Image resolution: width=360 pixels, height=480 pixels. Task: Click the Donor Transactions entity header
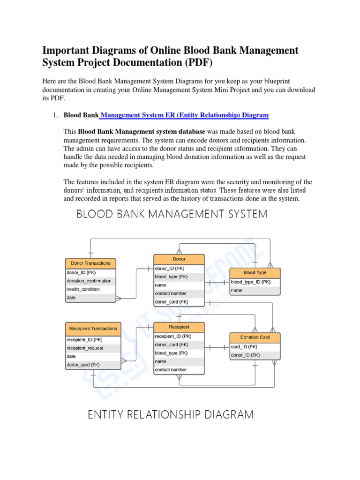click(x=90, y=263)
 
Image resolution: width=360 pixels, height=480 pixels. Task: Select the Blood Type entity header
click(x=255, y=272)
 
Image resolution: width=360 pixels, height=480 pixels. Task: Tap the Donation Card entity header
click(x=255, y=337)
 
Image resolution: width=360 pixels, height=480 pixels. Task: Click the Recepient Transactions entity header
click(x=93, y=329)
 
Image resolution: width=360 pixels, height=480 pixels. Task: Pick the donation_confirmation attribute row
click(x=89, y=281)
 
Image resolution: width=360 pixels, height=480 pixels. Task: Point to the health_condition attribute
click(x=83, y=289)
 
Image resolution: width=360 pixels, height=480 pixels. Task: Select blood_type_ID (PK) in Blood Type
click(x=251, y=282)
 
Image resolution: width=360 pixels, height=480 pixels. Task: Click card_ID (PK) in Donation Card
click(x=244, y=347)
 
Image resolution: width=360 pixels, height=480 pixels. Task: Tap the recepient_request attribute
click(x=85, y=348)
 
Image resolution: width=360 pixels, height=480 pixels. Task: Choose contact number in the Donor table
click(x=171, y=293)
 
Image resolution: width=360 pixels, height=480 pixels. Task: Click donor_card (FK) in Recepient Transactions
click(x=83, y=365)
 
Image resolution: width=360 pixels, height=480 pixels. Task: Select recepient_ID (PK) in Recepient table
click(x=173, y=336)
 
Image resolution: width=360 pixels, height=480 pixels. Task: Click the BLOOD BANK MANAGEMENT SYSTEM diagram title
click(x=172, y=214)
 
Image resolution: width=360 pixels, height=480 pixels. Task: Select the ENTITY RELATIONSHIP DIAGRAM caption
click(x=171, y=415)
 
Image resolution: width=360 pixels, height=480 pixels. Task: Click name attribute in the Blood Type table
click(x=237, y=291)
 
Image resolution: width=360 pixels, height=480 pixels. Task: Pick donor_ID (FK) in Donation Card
click(x=245, y=355)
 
